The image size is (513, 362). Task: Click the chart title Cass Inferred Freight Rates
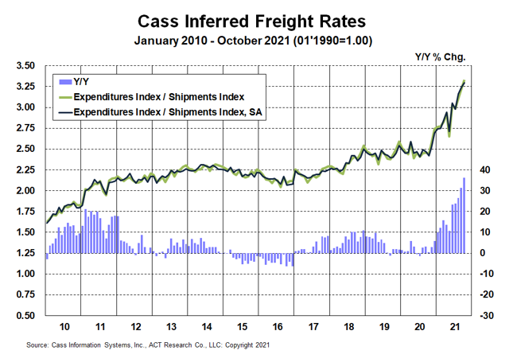[x=257, y=19]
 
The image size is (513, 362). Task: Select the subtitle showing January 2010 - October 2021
[x=257, y=40]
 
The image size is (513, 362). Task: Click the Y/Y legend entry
[x=82, y=81]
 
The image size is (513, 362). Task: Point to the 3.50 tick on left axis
[x=25, y=66]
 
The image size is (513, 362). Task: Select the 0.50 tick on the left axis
[x=25, y=316]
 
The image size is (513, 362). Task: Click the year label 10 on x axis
[x=64, y=327]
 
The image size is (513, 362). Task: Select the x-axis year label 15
[x=241, y=327]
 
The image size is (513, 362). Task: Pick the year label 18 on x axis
[x=348, y=327]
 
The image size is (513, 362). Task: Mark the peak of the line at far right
[x=464, y=81]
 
